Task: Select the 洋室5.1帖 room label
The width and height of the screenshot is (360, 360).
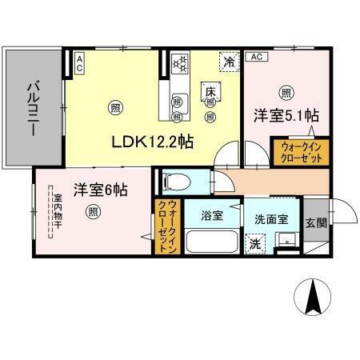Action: (286, 114)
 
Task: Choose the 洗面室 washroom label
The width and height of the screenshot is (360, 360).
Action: (272, 217)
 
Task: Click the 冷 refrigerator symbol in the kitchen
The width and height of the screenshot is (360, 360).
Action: (230, 62)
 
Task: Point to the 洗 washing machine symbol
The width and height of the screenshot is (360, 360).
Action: (254, 243)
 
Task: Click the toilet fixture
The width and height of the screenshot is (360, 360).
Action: (174, 182)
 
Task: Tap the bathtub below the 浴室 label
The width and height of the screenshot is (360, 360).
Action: (210, 242)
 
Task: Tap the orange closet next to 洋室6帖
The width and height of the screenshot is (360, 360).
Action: (166, 226)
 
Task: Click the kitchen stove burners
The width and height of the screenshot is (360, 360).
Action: (179, 62)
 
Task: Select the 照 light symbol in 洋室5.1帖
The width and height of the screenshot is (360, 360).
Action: (285, 90)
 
